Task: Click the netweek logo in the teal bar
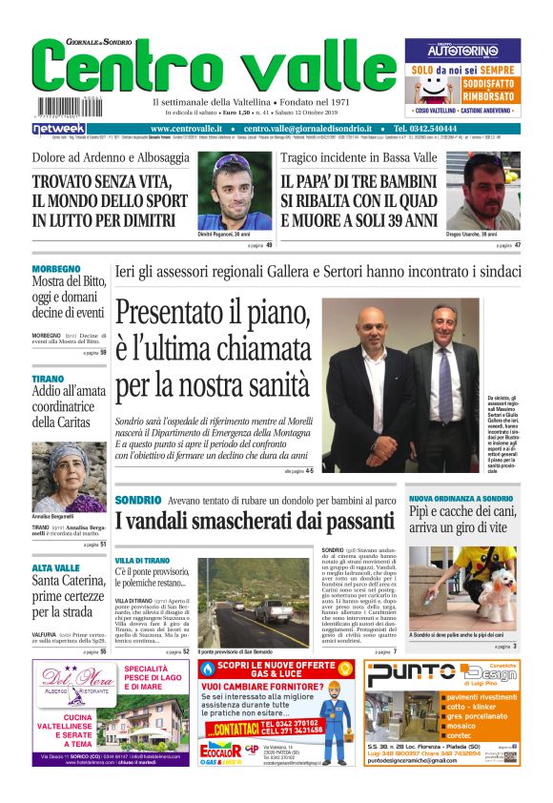59,129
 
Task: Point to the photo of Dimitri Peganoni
235,192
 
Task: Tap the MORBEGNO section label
56,269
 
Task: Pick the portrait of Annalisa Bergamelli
69,476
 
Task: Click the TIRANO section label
48,379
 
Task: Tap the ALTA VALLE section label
55,567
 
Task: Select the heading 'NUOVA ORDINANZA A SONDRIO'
461,499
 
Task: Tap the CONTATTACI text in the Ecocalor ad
235,729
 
